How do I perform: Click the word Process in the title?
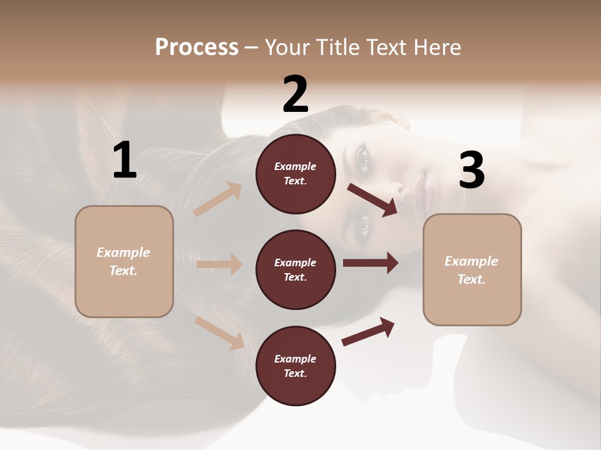pyautogui.click(x=197, y=47)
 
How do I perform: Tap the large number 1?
pyautogui.click(x=125, y=161)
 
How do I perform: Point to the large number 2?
pyautogui.click(x=295, y=94)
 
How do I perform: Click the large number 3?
pyautogui.click(x=471, y=171)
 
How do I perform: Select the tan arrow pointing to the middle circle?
pyautogui.click(x=219, y=264)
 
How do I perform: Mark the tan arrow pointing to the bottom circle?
pyautogui.click(x=220, y=332)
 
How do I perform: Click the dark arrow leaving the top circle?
pyautogui.click(x=372, y=200)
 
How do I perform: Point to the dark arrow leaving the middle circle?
pyautogui.click(x=371, y=263)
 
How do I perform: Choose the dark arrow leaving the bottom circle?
pyautogui.click(x=368, y=331)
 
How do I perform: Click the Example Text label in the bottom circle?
pyautogui.click(x=295, y=366)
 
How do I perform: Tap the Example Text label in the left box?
pyautogui.click(x=123, y=261)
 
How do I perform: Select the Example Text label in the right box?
pyautogui.click(x=471, y=270)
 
